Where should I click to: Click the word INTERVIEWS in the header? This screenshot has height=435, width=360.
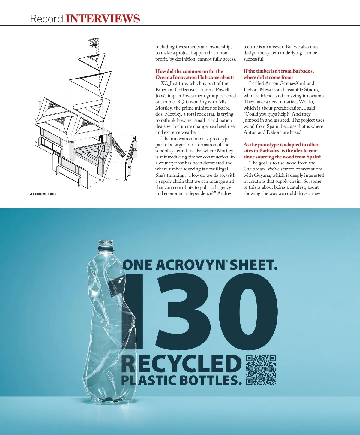(x=103, y=19)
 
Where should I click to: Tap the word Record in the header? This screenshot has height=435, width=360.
(x=46, y=19)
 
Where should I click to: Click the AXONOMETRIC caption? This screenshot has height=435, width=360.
(x=43, y=194)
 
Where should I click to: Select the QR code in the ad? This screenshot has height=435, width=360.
(x=261, y=370)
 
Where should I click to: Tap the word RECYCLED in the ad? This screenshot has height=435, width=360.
(x=181, y=364)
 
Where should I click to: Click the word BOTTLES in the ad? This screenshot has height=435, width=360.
(x=211, y=380)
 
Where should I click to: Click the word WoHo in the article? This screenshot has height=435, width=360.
(x=306, y=102)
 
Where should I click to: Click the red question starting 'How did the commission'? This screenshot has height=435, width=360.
(x=195, y=74)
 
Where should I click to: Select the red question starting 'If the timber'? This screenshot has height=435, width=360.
(x=278, y=74)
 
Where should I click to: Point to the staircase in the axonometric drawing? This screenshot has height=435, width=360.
(x=119, y=147)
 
